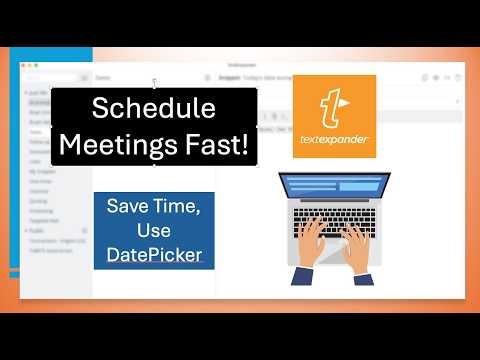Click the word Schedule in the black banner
154,109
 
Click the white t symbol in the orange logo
334,109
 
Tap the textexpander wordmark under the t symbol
334,147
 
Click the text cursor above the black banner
153,84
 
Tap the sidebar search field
55,77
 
